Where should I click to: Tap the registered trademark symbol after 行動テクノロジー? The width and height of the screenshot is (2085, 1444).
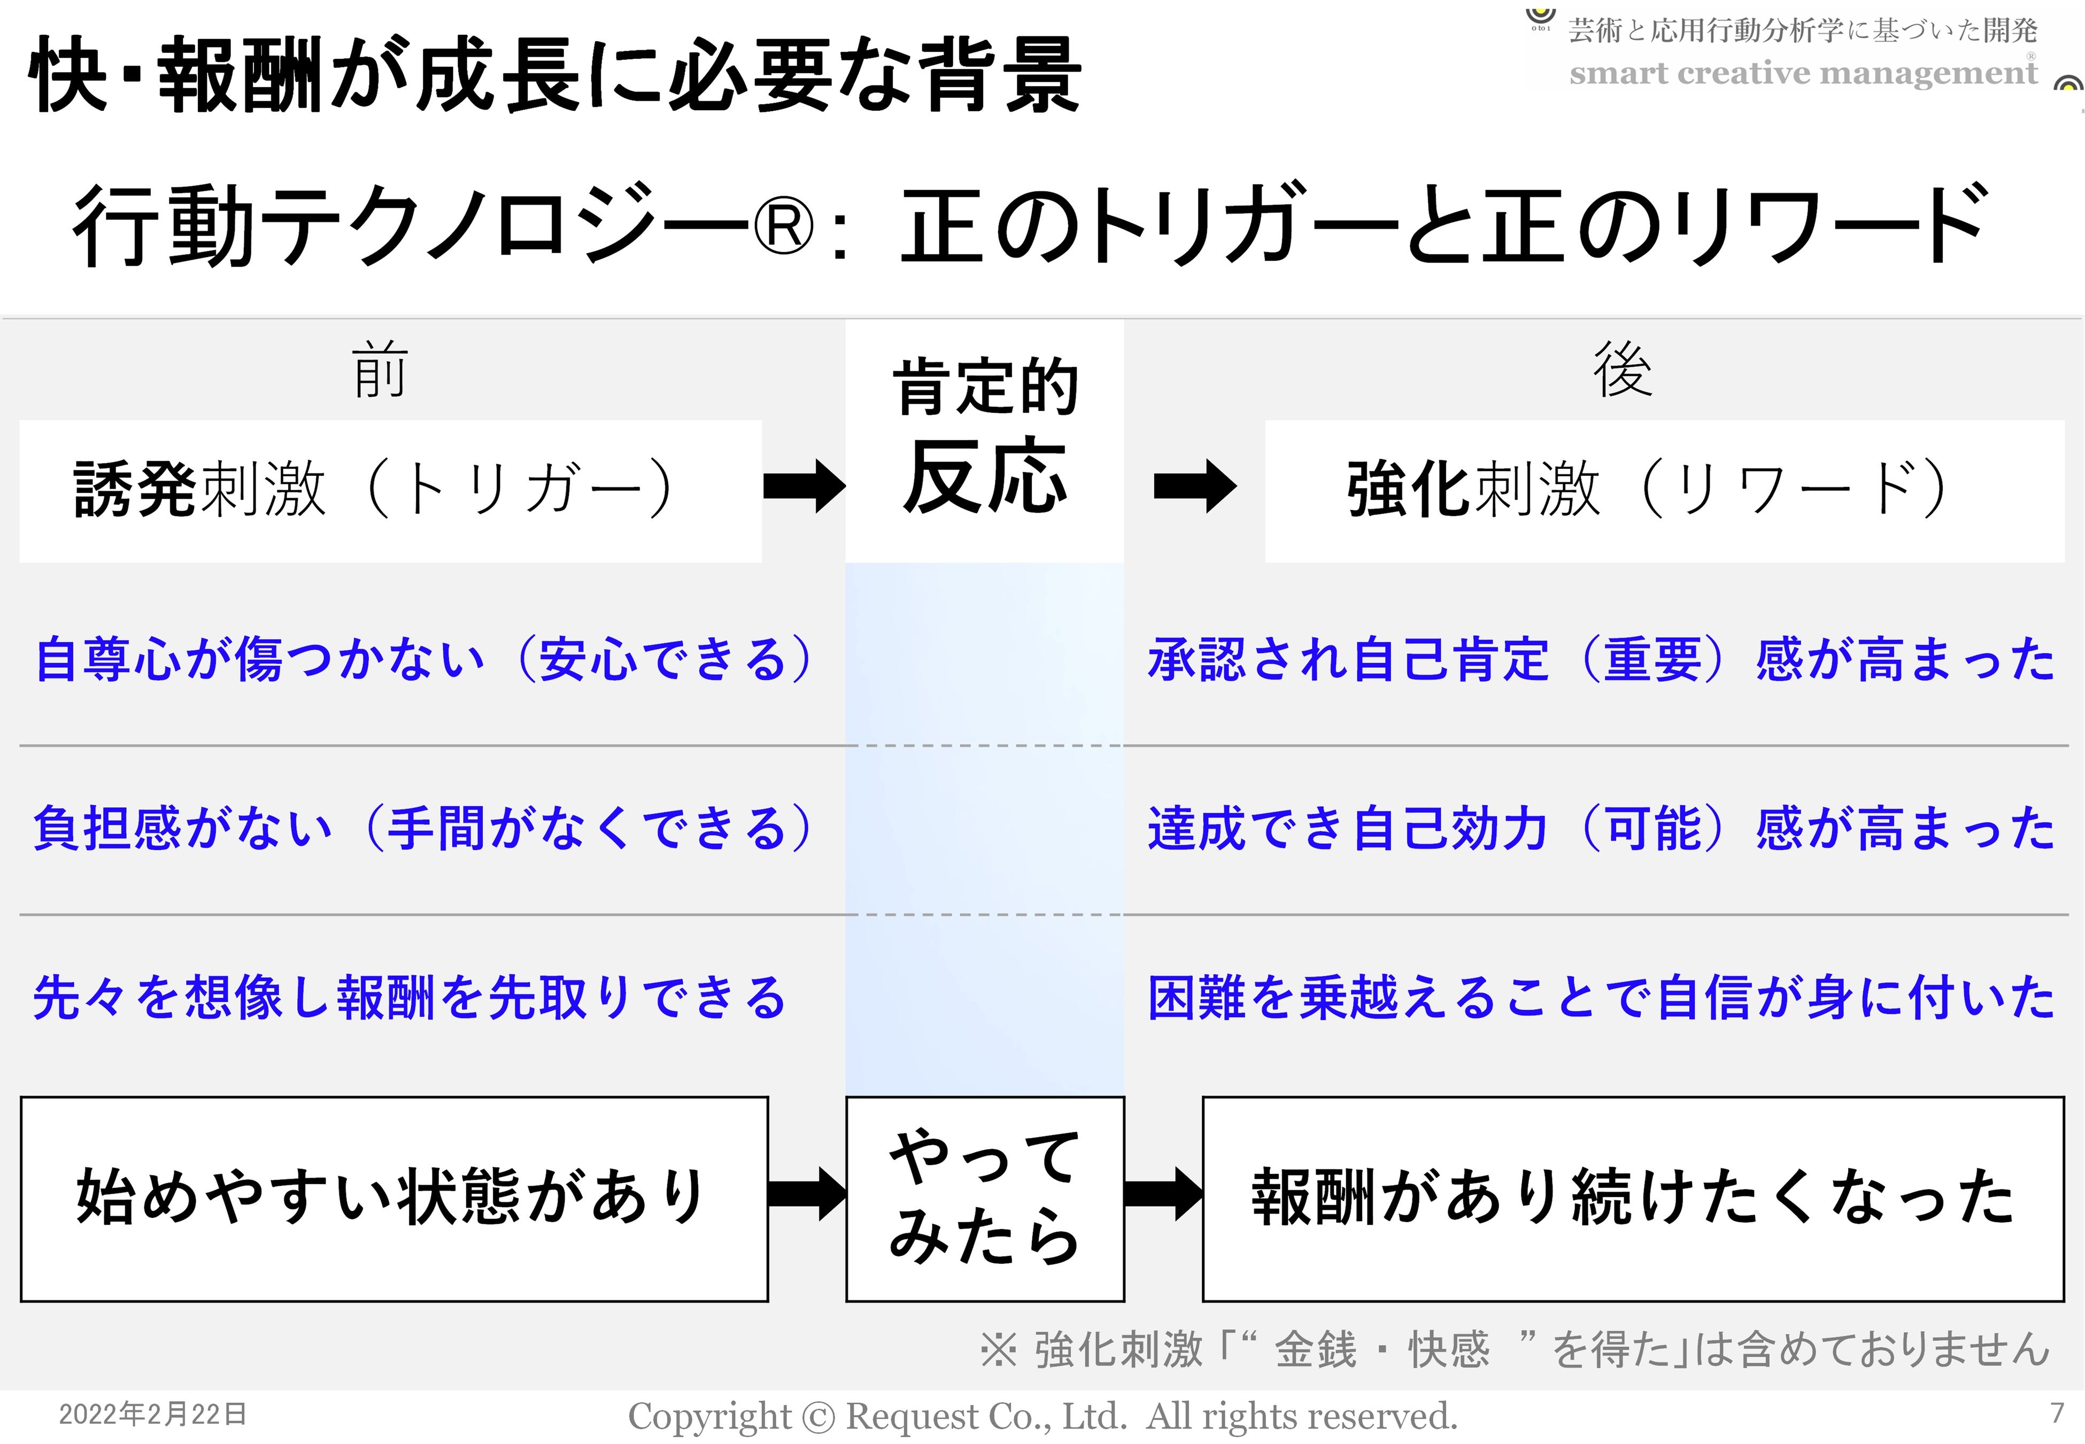(x=783, y=226)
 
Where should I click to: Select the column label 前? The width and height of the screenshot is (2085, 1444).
(x=380, y=371)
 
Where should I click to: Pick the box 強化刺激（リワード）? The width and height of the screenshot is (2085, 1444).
(x=1664, y=490)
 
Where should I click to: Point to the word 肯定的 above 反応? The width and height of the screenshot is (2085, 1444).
(x=985, y=387)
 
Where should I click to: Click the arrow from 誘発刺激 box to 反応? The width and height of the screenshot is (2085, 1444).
(x=803, y=487)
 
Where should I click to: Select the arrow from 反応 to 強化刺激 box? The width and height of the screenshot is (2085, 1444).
(x=1194, y=487)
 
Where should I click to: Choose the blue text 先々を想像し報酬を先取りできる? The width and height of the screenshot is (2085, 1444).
(x=409, y=997)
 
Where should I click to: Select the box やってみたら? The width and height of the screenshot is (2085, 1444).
(x=985, y=1199)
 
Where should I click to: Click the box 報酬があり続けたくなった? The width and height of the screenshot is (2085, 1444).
(x=1633, y=1199)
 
